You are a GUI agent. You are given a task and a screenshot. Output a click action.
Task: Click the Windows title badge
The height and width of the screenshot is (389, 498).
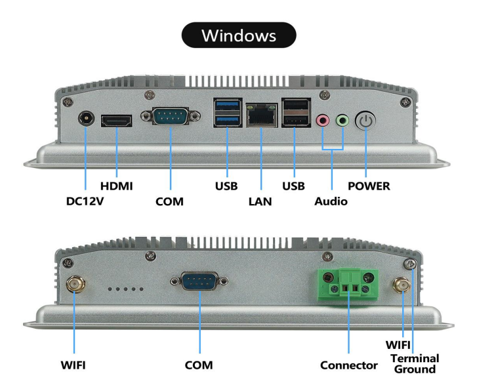click(x=239, y=35)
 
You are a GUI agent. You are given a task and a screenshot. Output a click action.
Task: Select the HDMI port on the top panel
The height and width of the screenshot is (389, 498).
click(x=117, y=121)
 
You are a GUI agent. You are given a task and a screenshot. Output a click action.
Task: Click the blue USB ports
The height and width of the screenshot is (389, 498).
click(x=226, y=112)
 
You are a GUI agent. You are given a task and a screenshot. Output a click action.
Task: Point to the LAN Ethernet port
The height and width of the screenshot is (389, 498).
click(x=261, y=115)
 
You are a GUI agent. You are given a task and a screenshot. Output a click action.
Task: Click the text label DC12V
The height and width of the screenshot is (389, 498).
click(x=85, y=201)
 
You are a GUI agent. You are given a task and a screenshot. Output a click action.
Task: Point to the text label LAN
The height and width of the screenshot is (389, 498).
click(x=260, y=201)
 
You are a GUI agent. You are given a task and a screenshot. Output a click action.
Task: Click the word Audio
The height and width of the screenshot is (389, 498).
click(x=331, y=201)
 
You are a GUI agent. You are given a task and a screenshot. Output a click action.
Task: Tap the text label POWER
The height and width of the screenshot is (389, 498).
click(x=369, y=186)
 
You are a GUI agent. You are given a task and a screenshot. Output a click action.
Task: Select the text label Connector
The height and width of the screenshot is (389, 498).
click(x=348, y=365)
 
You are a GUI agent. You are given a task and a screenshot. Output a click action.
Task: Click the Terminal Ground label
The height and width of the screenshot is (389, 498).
click(x=415, y=363)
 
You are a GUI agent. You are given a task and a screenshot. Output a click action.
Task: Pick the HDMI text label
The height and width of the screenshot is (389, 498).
click(x=117, y=186)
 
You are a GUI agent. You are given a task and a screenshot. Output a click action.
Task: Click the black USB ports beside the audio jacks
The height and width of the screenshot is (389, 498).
click(x=293, y=112)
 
